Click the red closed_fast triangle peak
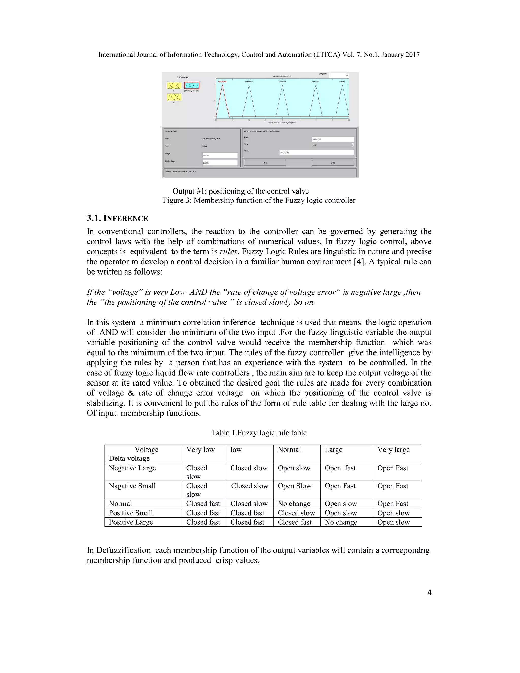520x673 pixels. tap(222, 85)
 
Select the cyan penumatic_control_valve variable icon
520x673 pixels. tap(192, 85)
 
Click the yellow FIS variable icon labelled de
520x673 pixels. tap(174, 97)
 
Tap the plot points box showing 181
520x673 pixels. tap(339, 75)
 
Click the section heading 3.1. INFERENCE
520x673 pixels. tap(117, 218)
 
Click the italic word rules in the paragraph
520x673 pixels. tap(228, 251)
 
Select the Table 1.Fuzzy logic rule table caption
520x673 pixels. tap(259, 433)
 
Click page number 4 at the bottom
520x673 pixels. tap(429, 592)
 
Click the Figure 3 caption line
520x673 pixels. tap(259, 200)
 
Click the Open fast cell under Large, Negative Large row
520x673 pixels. tap(340, 468)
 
